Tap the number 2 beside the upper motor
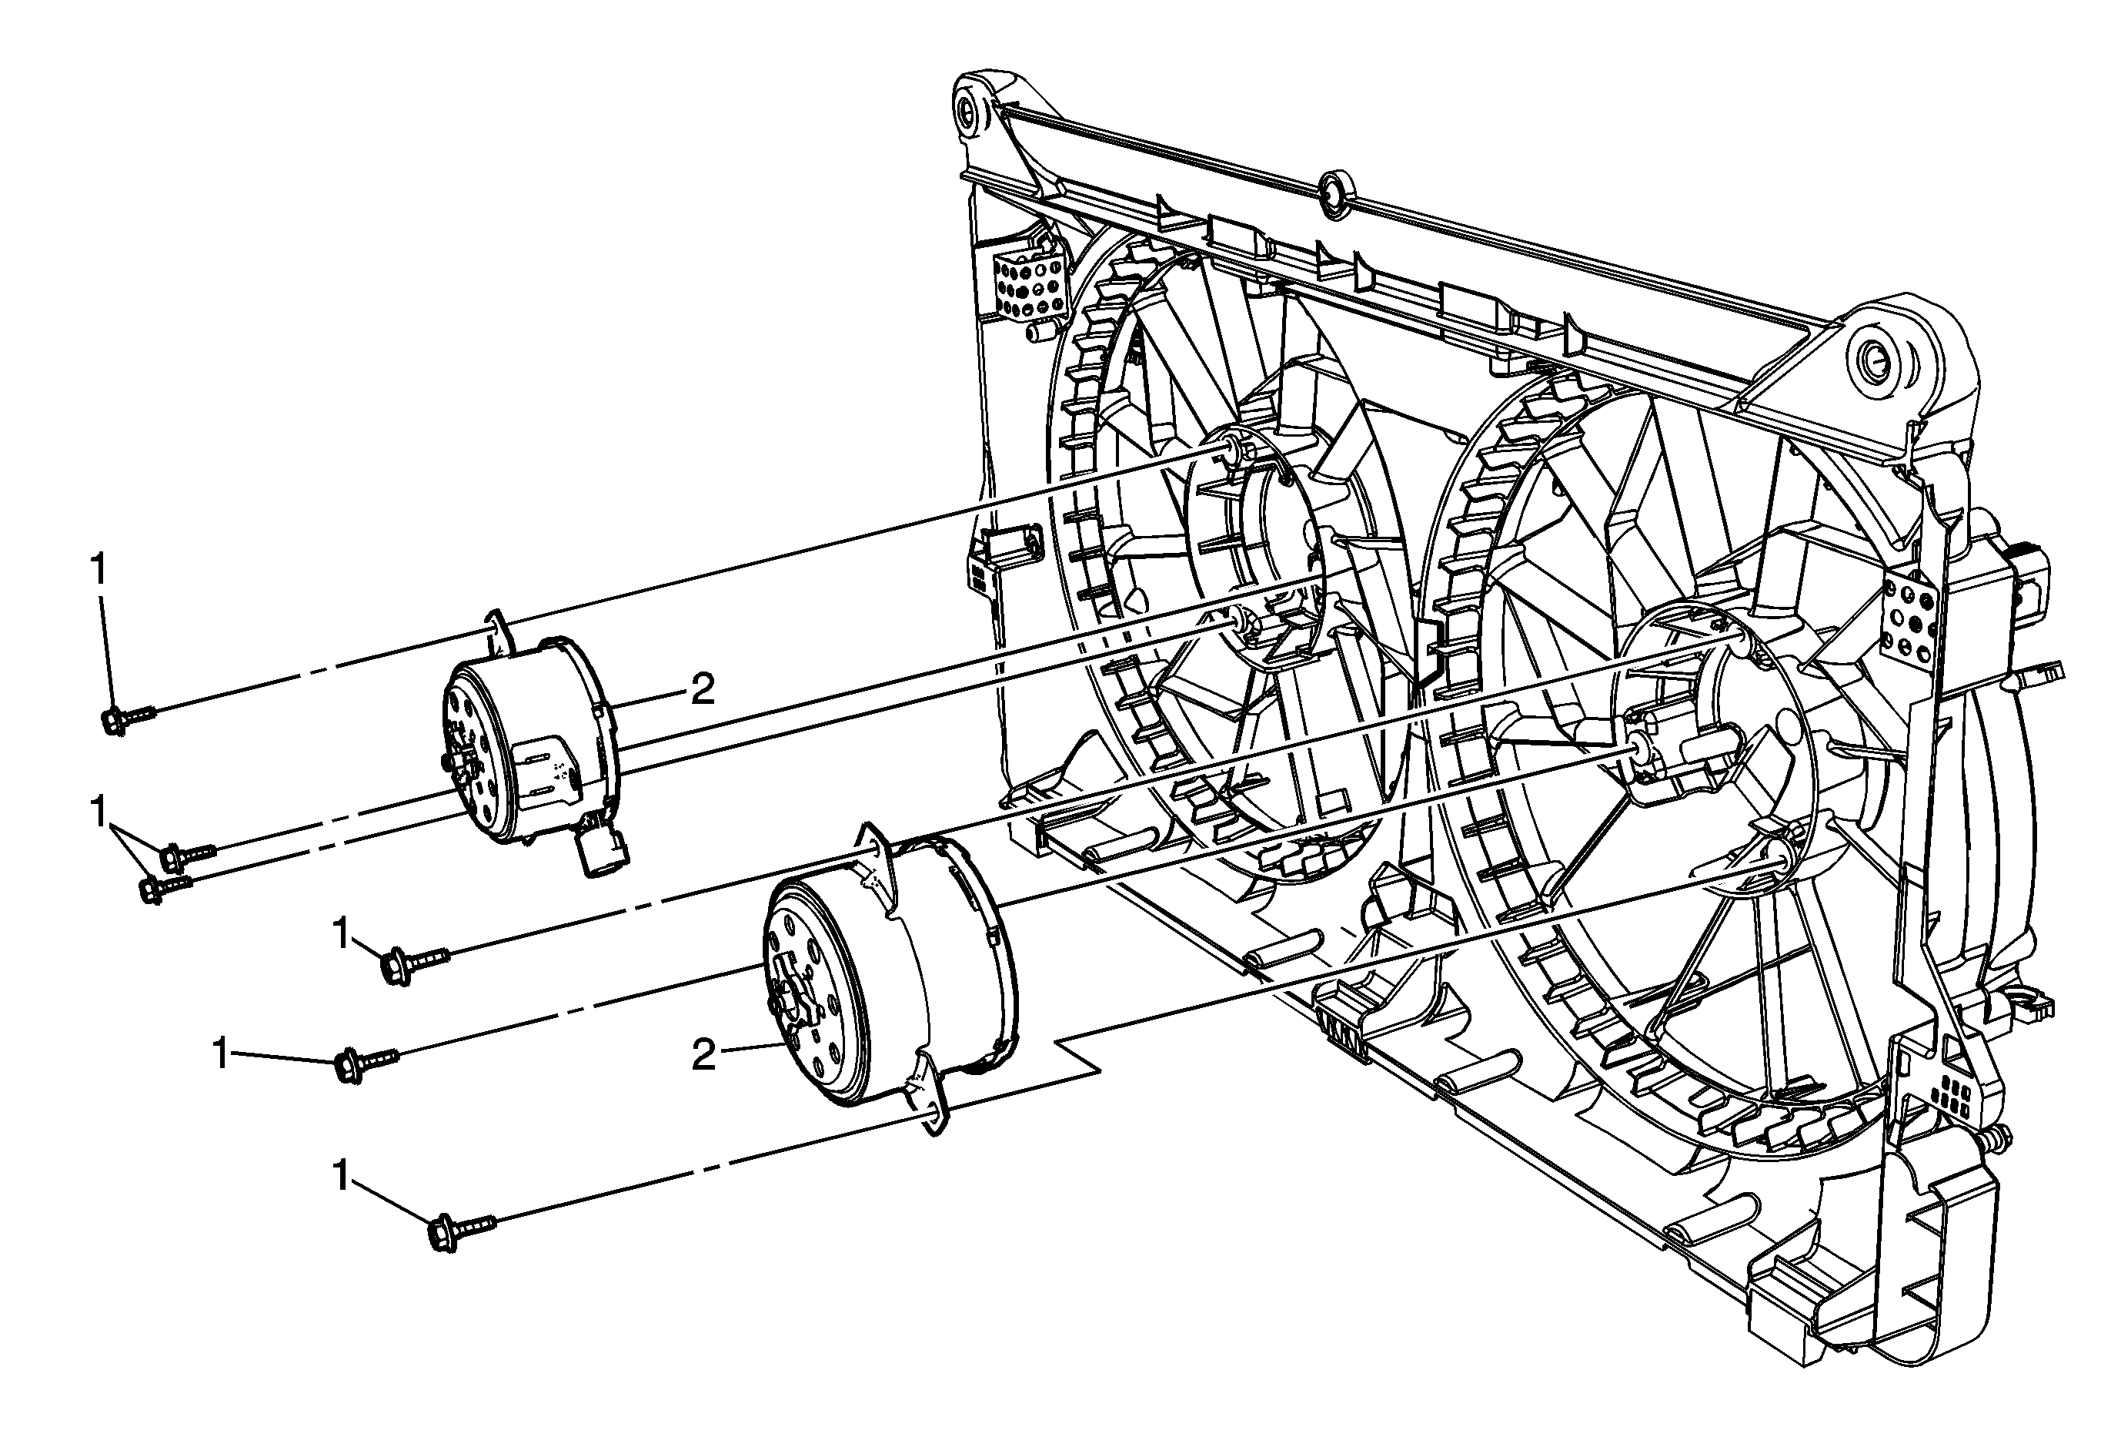[702, 690]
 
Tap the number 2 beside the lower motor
[703, 1057]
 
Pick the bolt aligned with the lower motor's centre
[364, 1064]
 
